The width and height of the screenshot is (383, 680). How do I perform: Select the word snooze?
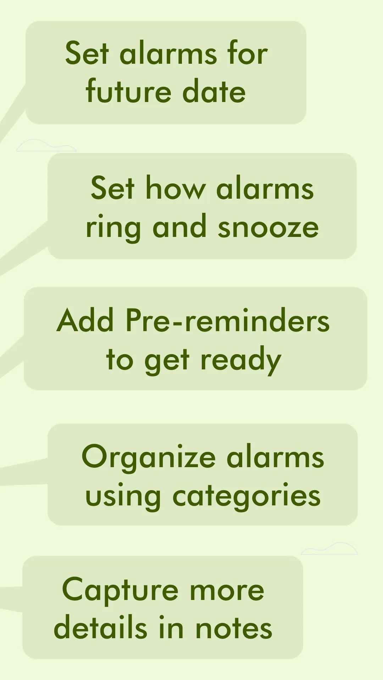[268, 227]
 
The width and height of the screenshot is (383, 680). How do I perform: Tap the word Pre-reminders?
[228, 320]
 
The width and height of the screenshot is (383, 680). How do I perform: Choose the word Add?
[85, 320]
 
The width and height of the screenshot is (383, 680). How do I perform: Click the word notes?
[234, 628]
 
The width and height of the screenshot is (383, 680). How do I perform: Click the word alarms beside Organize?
[275, 457]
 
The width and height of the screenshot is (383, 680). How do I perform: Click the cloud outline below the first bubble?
[46, 146]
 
